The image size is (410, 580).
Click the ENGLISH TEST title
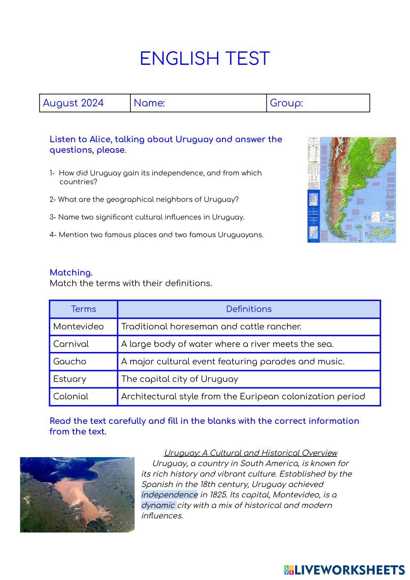(205, 59)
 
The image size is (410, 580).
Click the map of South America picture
(352, 189)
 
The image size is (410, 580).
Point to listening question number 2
(144, 200)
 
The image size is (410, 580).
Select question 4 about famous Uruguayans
(156, 235)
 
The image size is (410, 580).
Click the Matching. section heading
(71, 273)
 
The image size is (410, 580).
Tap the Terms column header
(83, 309)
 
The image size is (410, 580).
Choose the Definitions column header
(249, 309)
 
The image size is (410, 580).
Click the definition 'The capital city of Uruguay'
(180, 379)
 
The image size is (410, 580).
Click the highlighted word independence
(169, 495)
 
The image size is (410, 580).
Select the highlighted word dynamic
(158, 505)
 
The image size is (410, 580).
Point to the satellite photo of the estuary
(77, 495)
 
